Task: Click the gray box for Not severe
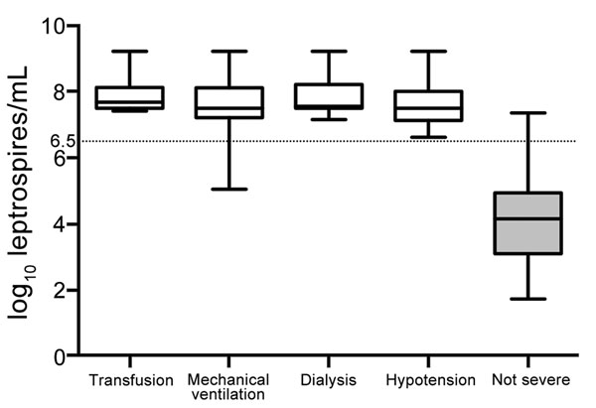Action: click(x=527, y=223)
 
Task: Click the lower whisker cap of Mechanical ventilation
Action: click(x=229, y=189)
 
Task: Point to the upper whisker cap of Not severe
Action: click(x=527, y=113)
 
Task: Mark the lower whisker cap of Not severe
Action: click(x=527, y=299)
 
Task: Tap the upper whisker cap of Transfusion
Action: click(x=129, y=51)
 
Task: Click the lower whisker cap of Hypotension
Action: click(x=428, y=137)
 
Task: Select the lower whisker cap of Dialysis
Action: click(x=329, y=119)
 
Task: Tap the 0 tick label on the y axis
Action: click(x=60, y=357)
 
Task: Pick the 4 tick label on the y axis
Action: click(x=60, y=224)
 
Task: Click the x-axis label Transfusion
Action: click(x=131, y=380)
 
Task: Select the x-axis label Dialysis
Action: click(x=329, y=380)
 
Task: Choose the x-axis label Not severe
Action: click(x=530, y=380)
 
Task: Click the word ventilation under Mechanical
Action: click(x=228, y=394)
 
